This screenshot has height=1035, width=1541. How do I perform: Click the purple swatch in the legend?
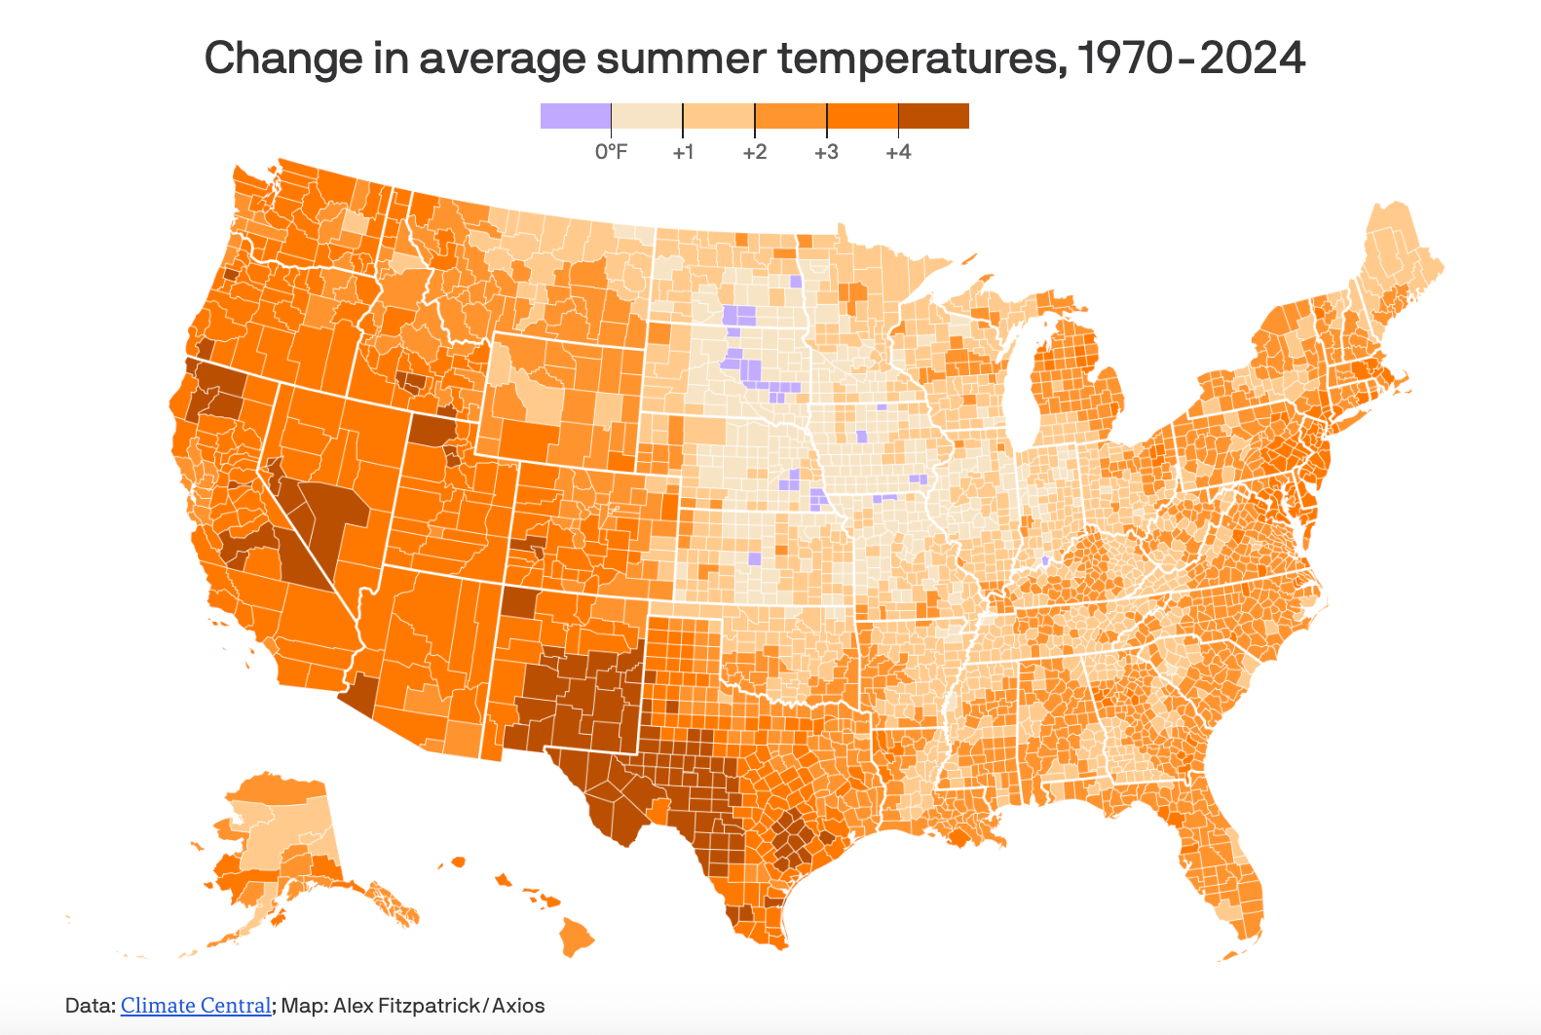point(576,116)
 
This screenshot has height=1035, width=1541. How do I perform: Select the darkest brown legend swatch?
point(933,116)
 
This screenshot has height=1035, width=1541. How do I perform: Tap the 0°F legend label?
point(612,152)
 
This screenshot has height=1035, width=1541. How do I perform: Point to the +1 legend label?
point(683,152)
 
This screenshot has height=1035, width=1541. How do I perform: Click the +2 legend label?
point(755,152)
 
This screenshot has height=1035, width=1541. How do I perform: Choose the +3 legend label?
point(826,152)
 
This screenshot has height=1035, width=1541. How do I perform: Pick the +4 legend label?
point(898,152)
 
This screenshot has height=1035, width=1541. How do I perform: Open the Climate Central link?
point(196,1006)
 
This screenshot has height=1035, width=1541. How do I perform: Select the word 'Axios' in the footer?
point(518,1006)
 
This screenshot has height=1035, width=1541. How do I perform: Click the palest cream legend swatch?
point(647,116)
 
